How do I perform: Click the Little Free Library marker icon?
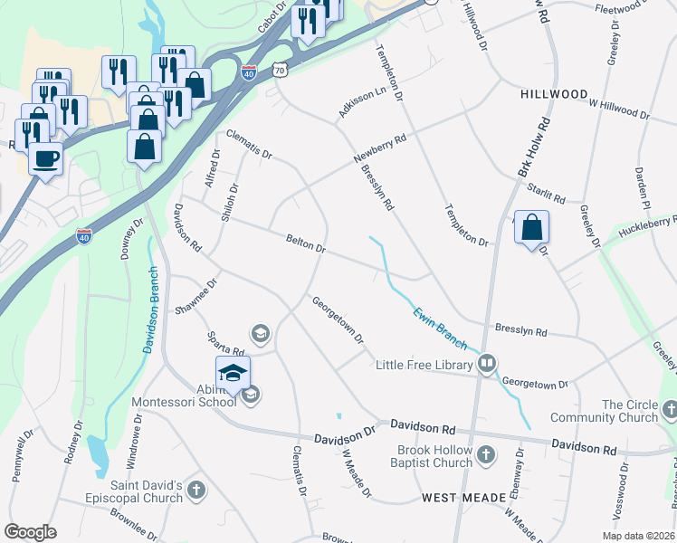click(x=487, y=364)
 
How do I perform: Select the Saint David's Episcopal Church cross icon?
click(x=196, y=491)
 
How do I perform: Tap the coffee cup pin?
click(x=44, y=160)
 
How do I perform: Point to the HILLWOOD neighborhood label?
click(x=554, y=94)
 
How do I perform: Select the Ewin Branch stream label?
click(x=440, y=329)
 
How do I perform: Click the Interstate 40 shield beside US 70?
click(x=247, y=72)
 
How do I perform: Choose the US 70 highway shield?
click(x=279, y=69)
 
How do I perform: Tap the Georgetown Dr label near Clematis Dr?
click(x=338, y=320)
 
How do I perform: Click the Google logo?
click(x=30, y=532)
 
